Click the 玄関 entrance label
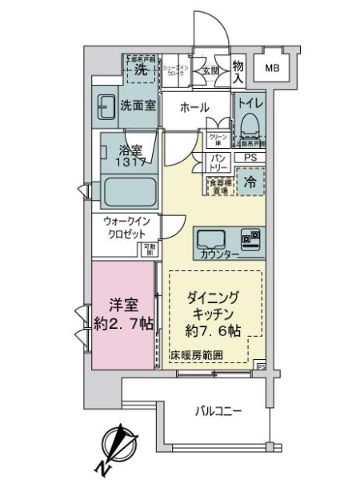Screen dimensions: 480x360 199,70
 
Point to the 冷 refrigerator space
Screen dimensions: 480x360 250,181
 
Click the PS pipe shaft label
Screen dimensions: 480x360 250,158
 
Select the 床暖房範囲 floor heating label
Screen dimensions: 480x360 196,355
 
